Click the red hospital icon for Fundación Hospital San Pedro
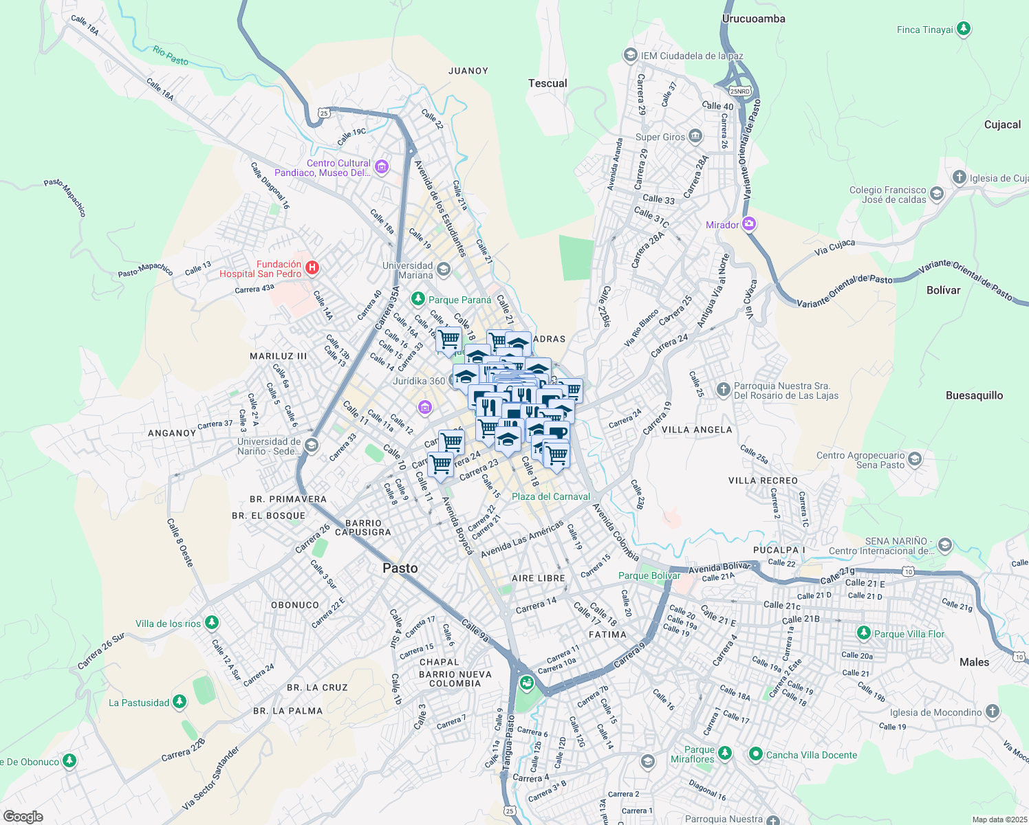tap(312, 268)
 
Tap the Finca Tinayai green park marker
tap(964, 29)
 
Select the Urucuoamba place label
tap(753, 19)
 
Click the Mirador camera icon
tap(749, 224)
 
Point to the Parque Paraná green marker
tap(418, 299)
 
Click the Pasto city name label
tap(400, 568)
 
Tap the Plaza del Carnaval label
tap(550, 496)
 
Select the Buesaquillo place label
tap(974, 395)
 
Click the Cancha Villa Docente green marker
tap(756, 754)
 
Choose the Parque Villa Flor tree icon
tap(864, 633)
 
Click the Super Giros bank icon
tap(695, 136)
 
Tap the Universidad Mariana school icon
tap(444, 269)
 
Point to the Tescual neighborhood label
tap(548, 83)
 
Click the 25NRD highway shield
tap(740, 91)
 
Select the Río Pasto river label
tap(171, 56)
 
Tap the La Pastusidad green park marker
tap(180, 702)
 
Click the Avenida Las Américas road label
tap(522, 540)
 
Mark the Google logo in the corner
tap(23, 816)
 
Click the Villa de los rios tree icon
tap(212, 623)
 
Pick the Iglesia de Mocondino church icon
tap(992, 712)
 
